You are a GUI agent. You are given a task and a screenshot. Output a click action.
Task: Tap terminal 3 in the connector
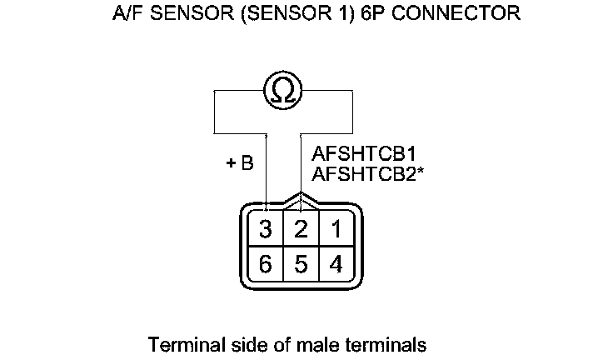click(266, 228)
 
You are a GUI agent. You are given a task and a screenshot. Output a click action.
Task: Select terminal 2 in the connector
click(302, 228)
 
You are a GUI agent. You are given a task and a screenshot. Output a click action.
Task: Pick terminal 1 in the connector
click(336, 228)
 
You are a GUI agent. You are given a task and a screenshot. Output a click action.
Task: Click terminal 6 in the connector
click(266, 264)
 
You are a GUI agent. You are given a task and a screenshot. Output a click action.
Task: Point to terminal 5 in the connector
click(302, 264)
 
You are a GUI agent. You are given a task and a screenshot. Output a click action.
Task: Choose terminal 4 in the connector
click(336, 264)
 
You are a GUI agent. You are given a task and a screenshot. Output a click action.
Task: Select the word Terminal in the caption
click(178, 343)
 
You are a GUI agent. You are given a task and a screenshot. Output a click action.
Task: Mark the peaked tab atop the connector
click(301, 200)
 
